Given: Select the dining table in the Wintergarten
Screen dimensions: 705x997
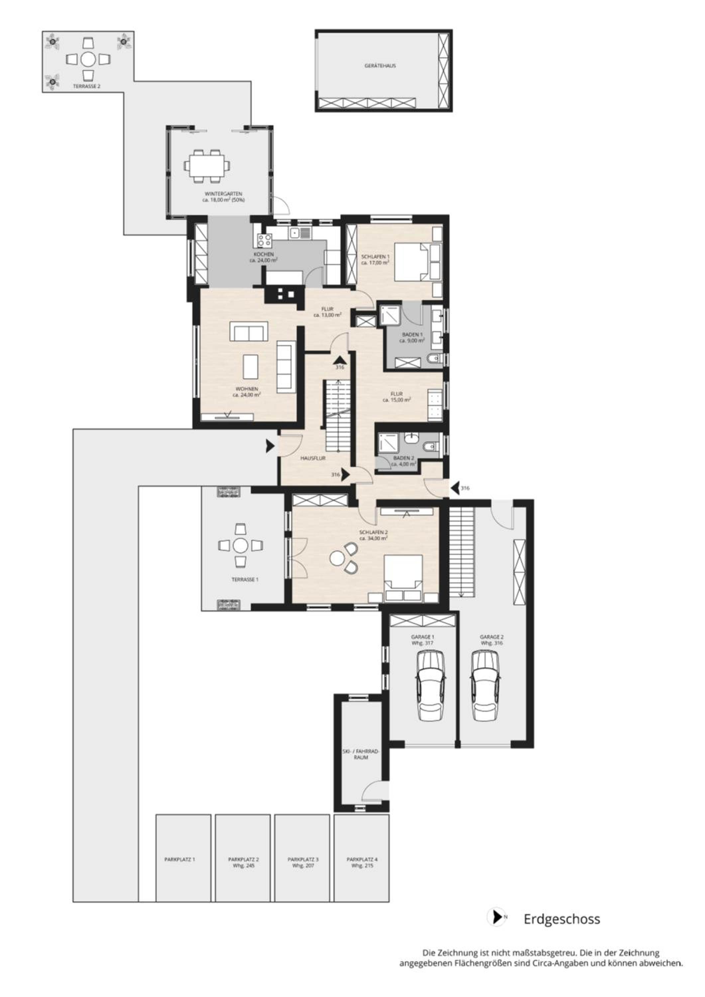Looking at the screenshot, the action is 207,166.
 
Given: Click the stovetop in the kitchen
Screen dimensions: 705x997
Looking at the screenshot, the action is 264,240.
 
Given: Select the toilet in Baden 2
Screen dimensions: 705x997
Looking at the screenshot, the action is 429,447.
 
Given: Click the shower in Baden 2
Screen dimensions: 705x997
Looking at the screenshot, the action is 388,443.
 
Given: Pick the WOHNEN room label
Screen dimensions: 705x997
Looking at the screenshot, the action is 247,389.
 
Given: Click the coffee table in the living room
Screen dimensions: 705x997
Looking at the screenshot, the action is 251,367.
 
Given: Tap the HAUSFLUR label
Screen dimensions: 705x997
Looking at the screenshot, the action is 313,458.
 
